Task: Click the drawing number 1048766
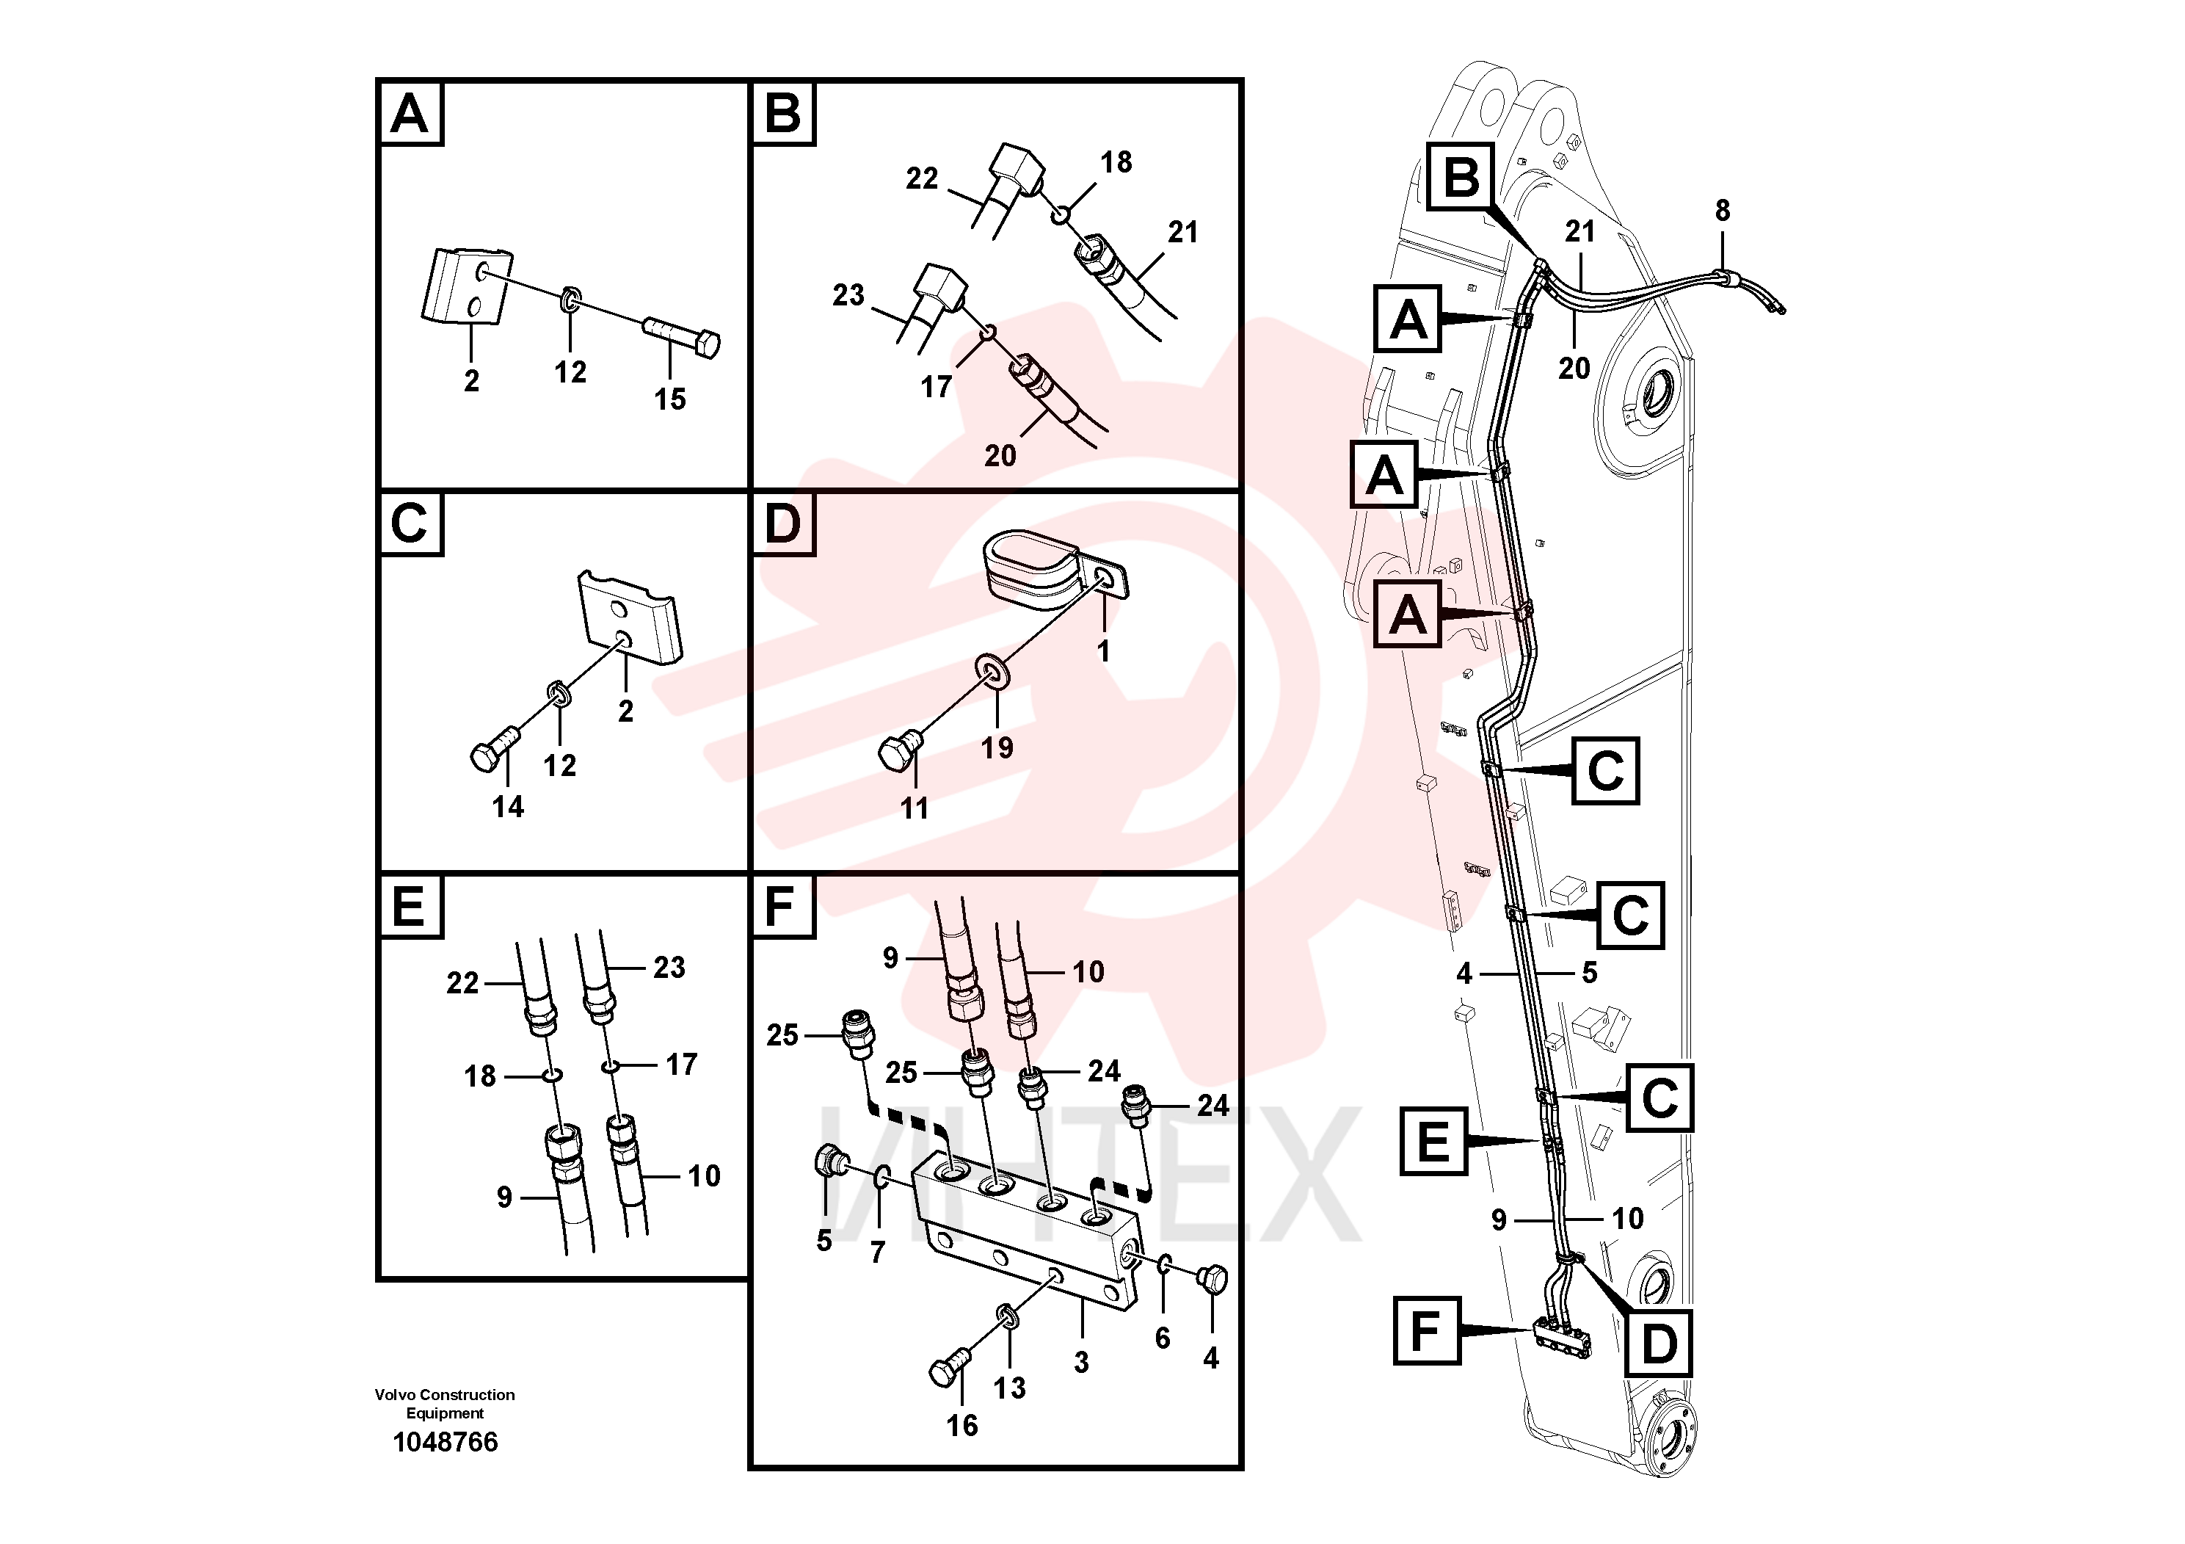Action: pos(446,1442)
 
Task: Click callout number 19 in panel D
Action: pos(997,747)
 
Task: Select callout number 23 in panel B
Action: pos(848,295)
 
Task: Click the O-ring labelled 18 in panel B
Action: pos(1059,217)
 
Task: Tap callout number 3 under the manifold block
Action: pos(1081,1362)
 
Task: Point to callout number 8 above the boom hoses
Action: pos(1723,211)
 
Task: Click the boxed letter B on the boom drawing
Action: pos(1462,178)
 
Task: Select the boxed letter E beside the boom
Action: pos(1433,1142)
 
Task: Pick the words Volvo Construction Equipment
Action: pos(445,1404)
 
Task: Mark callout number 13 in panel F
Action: pos(1010,1388)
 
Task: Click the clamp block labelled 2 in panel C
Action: pos(630,619)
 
